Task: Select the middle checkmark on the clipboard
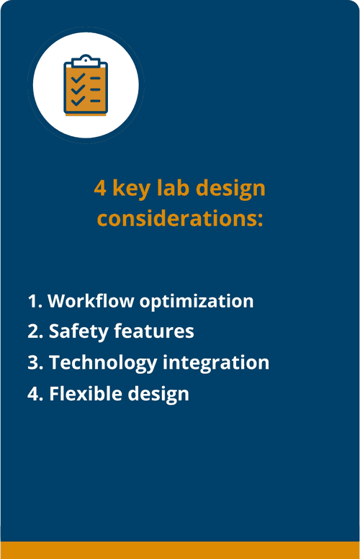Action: click(x=78, y=89)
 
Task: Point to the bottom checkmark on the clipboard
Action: click(x=78, y=101)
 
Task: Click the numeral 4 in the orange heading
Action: click(x=100, y=189)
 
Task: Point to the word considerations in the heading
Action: click(x=180, y=218)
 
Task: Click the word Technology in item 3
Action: click(x=103, y=363)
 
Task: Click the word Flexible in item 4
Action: click(x=81, y=394)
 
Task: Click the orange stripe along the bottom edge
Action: click(x=180, y=550)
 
